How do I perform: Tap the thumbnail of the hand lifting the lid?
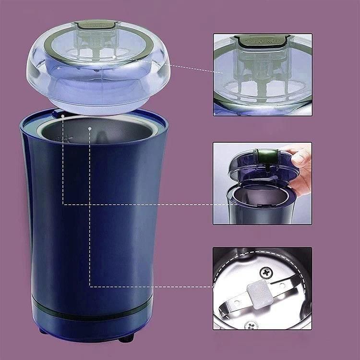[x=262, y=183]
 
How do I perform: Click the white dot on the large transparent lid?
[x=114, y=56]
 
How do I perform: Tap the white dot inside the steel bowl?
[x=90, y=128]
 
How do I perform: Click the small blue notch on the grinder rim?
[x=59, y=113]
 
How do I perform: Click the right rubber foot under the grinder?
[x=126, y=338]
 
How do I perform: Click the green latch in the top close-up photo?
[x=262, y=41]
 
